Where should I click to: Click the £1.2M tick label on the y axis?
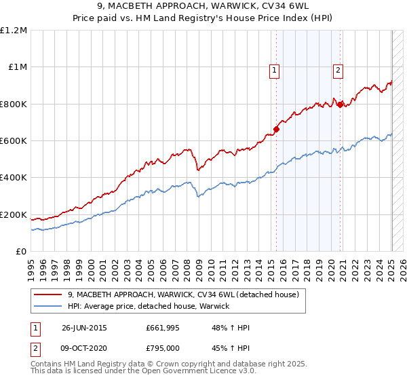14,31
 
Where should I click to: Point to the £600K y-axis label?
14,141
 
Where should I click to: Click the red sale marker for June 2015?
277,130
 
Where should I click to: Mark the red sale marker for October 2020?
340,104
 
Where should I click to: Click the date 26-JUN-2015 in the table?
84,327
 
